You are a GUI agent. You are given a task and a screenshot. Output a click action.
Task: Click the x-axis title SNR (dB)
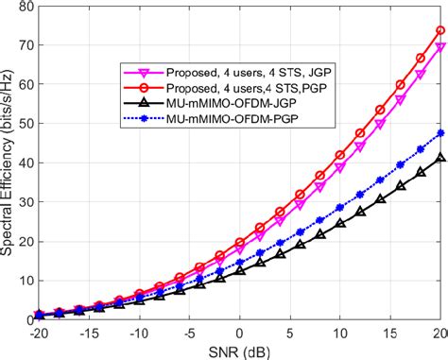click(x=238, y=351)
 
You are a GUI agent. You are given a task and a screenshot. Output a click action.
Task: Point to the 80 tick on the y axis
click(x=22, y=9)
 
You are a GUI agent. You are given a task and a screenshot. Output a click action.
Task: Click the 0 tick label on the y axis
click(x=26, y=319)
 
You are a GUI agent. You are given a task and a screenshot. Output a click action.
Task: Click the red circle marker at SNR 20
click(x=440, y=31)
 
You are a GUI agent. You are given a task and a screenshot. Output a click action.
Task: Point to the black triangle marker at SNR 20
click(x=440, y=160)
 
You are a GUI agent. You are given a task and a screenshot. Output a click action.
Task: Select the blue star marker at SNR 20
click(x=440, y=133)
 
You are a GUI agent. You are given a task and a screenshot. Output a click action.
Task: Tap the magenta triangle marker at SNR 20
click(x=440, y=47)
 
